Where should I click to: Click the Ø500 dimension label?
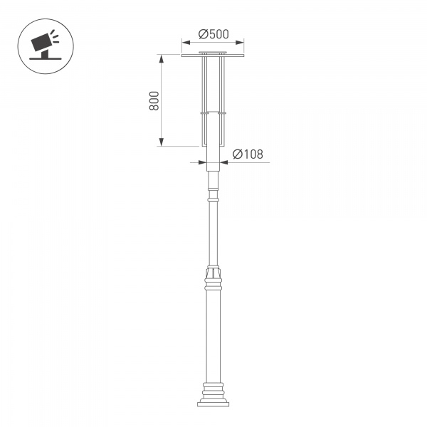click(x=213, y=33)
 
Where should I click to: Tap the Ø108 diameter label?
click(x=248, y=154)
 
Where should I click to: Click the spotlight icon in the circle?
click(x=43, y=45)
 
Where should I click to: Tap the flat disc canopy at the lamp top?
click(x=213, y=56)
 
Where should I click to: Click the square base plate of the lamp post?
click(x=213, y=404)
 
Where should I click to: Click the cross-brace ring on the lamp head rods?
click(x=213, y=112)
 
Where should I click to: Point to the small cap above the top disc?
click(x=213, y=52)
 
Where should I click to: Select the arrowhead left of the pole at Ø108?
click(x=202, y=163)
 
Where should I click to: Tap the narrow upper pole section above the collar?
click(x=213, y=235)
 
